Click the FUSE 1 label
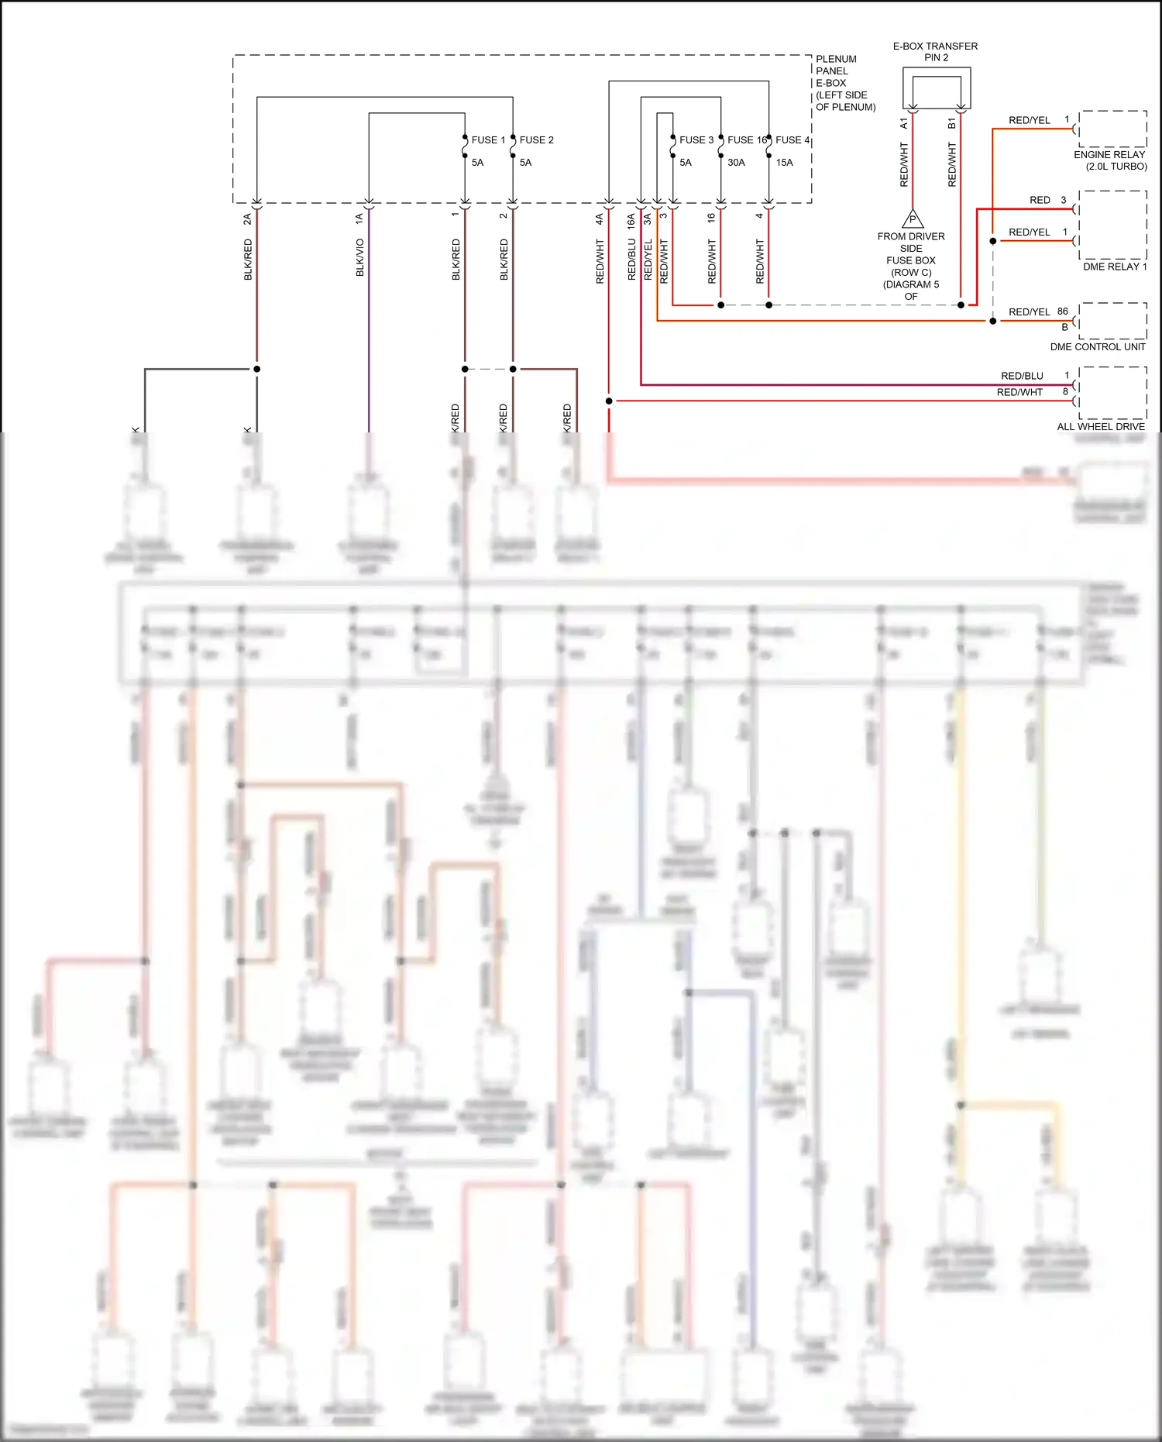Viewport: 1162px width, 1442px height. coord(488,140)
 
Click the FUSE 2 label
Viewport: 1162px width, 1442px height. coord(536,140)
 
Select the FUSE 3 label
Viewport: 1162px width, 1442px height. coord(696,140)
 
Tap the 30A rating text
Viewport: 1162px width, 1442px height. coord(736,163)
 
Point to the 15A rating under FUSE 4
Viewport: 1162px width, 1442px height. coord(784,163)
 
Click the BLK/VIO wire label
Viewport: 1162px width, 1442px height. coord(360,257)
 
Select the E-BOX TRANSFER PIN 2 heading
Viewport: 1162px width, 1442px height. coord(935,52)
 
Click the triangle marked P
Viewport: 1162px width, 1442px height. coord(913,219)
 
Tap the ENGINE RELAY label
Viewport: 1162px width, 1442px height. coord(1109,155)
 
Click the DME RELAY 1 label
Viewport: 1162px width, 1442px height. coord(1115,267)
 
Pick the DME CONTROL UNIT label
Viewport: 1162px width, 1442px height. coord(1097,347)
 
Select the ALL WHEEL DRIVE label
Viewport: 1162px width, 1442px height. coord(1100,427)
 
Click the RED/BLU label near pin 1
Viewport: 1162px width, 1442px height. coord(1022,376)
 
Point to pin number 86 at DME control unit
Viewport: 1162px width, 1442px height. coord(1062,311)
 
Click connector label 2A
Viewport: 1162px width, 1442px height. coord(248,219)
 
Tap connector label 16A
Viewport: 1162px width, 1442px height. coord(631,220)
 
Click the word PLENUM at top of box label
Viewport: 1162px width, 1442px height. coord(836,59)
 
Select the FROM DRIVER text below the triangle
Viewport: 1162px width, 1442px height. coord(910,236)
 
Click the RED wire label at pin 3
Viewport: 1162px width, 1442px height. coord(1040,200)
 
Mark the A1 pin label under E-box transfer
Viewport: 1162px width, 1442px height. coord(904,124)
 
